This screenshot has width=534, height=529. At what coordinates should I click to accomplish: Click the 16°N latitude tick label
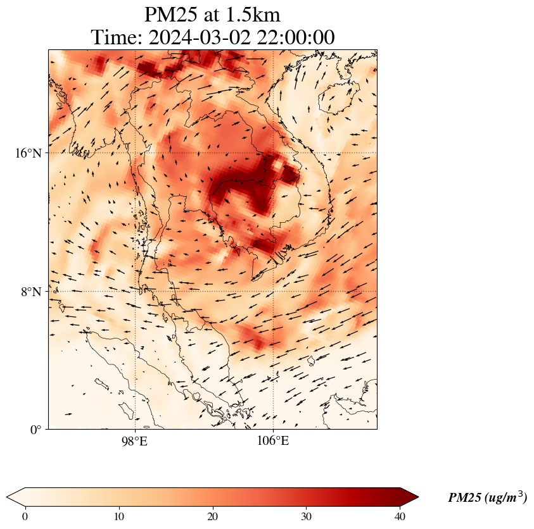coord(27,153)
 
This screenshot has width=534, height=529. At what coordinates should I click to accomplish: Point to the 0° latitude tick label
coord(36,430)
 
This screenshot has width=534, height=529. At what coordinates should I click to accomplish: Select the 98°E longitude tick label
coord(134,440)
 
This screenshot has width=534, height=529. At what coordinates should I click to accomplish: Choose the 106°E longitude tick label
coord(273,440)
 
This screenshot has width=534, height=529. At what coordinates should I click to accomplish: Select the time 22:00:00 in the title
coord(296,37)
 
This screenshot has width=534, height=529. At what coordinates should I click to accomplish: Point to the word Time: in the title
coord(117,37)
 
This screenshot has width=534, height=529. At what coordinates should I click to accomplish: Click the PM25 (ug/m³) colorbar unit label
coord(487,498)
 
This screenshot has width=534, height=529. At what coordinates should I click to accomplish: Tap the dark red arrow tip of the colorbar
coord(410,497)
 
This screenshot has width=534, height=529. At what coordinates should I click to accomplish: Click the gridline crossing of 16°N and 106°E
coord(273,153)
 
